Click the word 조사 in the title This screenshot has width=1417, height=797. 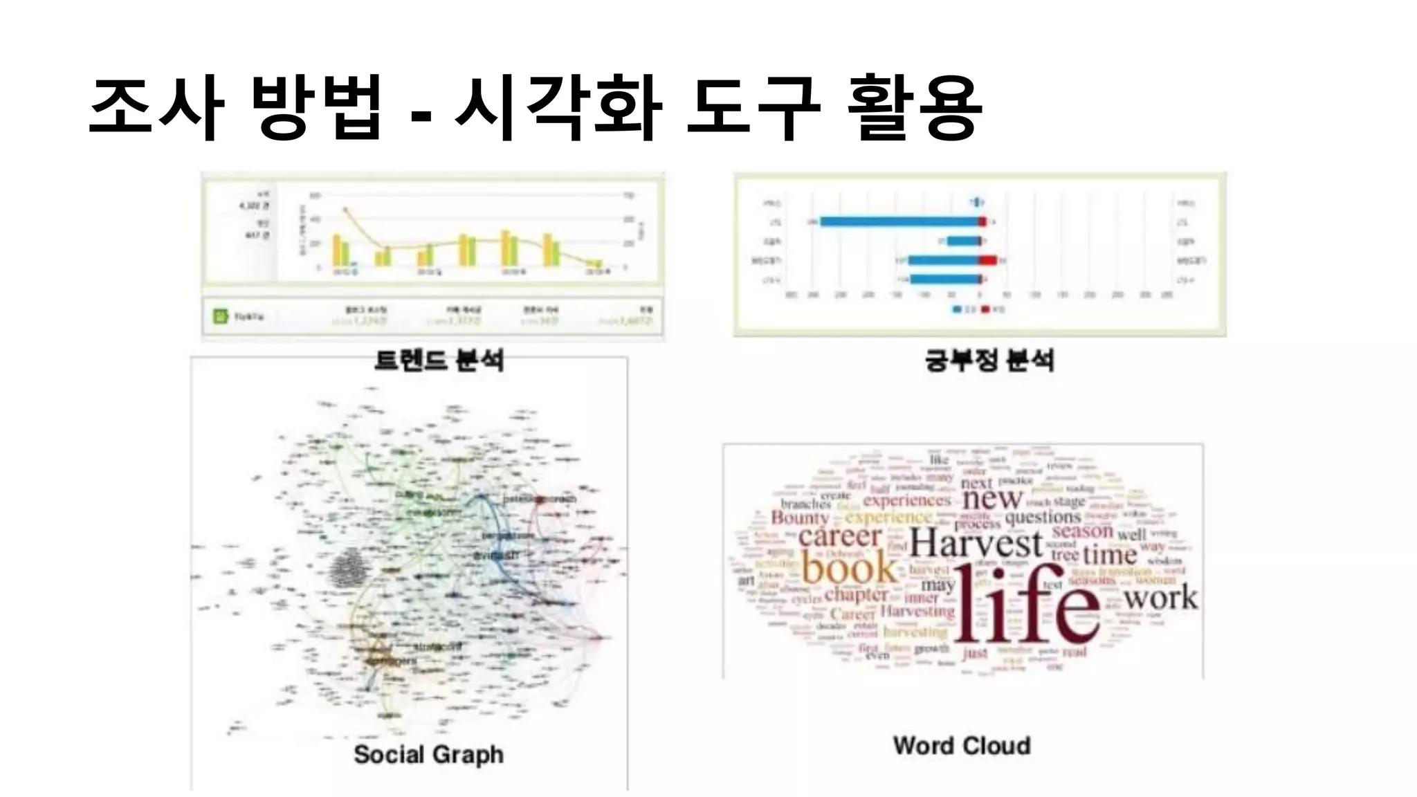(157, 109)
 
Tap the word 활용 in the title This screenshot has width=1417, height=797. (914, 109)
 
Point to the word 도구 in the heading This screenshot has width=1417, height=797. (753, 109)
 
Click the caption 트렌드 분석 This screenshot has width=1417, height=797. (439, 360)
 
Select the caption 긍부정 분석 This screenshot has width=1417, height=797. (989, 360)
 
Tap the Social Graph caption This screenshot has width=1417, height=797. (428, 754)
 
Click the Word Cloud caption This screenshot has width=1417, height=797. (962, 745)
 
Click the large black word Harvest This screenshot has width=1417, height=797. (976, 544)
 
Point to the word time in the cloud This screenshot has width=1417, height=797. (1110, 554)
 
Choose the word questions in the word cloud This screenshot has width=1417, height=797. (1043, 517)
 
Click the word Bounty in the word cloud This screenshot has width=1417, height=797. (800, 517)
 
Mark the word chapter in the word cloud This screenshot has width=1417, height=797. (856, 594)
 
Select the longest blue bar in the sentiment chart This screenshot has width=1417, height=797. (899, 221)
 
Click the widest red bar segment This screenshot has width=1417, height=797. (988, 260)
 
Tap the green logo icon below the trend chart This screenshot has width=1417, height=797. (220, 317)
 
